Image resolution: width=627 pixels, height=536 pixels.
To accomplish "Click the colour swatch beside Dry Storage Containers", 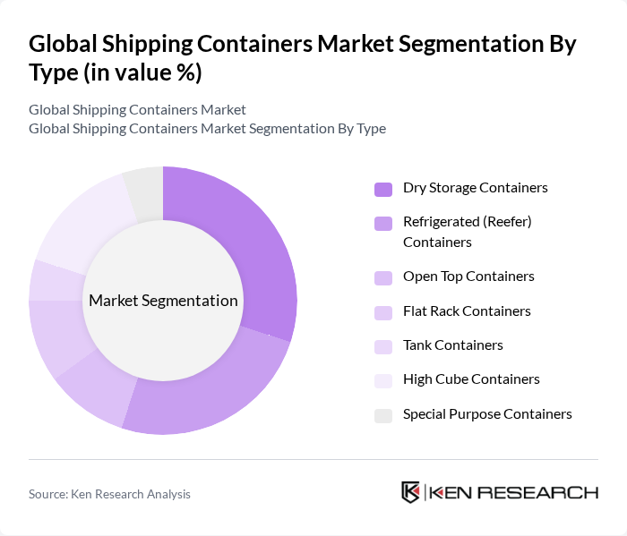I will coord(383,189).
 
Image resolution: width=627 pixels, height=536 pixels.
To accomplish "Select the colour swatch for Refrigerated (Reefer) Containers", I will coord(383,223).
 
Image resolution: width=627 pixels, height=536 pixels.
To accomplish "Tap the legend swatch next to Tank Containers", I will coord(383,346).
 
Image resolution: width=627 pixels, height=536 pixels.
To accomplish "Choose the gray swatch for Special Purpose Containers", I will coord(383,415).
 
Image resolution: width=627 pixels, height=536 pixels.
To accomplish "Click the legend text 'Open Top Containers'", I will coord(468,277).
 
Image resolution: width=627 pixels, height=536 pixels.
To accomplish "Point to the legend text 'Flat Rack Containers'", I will coord(467,311).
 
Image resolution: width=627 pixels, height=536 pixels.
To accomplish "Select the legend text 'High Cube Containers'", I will coord(471,379).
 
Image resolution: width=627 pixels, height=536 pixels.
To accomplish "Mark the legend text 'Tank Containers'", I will coord(453,345).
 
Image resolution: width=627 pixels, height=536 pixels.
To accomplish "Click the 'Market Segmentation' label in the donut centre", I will coord(163,301).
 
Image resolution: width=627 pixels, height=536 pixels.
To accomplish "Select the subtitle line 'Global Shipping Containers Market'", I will coord(137,110).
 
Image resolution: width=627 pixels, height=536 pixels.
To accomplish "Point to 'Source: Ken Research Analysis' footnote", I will coord(109,494).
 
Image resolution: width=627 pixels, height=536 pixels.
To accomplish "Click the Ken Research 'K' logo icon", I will coord(411,492).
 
